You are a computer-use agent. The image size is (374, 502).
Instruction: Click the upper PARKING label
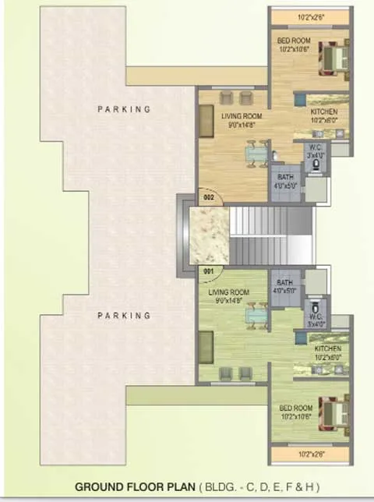point(124,110)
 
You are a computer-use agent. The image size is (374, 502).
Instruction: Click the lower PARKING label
point(124,316)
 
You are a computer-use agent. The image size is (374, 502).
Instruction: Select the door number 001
point(208,271)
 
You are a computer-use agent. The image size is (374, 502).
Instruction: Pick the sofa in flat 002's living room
point(206,123)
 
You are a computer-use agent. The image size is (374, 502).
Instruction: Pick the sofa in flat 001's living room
point(206,344)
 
